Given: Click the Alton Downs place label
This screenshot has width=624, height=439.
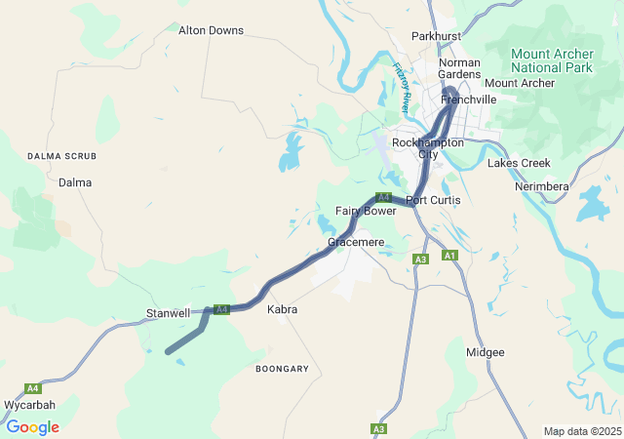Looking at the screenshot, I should [211, 30].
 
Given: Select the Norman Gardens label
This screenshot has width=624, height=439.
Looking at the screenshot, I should [459, 68].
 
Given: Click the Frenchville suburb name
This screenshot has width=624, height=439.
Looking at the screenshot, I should [468, 100].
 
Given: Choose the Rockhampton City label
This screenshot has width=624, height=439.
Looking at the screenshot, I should [427, 148].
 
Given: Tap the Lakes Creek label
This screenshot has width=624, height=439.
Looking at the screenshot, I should [520, 163].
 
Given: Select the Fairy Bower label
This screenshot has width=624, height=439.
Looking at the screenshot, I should [366, 211].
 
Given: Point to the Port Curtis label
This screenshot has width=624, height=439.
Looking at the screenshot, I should [433, 200].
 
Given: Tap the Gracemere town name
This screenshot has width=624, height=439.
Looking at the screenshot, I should [357, 241].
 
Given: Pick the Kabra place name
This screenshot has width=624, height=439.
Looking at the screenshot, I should [282, 309].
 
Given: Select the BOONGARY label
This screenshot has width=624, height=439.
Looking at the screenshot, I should [282, 369].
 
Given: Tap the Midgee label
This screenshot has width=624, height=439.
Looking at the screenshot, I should [486, 352].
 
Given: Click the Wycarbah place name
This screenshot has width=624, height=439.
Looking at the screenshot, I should [29, 405].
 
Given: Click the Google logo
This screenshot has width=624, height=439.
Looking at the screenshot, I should [32, 427].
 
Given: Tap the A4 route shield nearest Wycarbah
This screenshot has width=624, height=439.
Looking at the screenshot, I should [33, 387].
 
